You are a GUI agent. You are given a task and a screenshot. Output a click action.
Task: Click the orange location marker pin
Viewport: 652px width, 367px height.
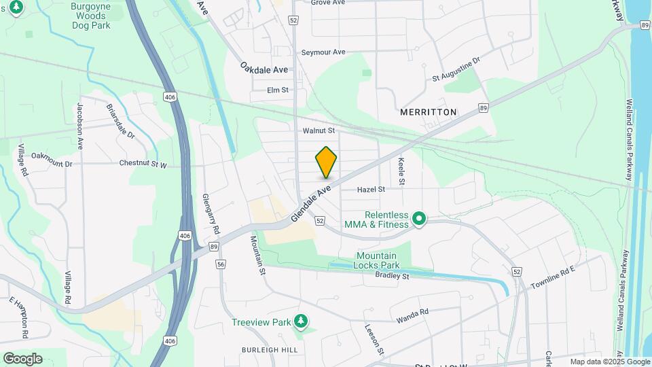(x=326, y=162)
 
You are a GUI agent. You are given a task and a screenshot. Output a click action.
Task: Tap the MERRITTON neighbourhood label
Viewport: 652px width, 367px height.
(x=429, y=111)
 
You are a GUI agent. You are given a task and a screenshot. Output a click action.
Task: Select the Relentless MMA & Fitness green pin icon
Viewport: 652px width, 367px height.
(x=419, y=218)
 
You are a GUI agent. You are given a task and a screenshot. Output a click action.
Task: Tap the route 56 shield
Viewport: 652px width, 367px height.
(x=220, y=264)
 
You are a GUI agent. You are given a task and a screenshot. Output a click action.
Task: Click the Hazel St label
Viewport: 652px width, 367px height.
(x=372, y=190)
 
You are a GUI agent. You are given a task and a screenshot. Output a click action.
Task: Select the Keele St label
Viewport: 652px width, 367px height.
(x=401, y=172)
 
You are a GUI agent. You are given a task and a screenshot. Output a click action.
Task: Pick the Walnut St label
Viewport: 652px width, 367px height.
(x=319, y=130)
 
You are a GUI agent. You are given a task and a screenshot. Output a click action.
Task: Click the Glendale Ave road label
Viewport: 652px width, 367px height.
(x=310, y=201)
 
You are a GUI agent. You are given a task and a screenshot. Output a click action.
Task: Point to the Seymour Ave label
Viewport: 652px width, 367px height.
(x=323, y=52)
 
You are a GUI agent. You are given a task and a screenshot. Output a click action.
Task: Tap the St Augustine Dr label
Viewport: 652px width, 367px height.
(x=456, y=69)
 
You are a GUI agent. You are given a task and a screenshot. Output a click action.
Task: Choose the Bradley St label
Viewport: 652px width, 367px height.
(x=392, y=276)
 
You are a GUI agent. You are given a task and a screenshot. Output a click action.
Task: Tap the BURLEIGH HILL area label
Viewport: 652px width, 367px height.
(x=270, y=349)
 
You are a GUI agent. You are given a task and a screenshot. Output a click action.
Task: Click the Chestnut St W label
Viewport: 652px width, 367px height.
(x=143, y=164)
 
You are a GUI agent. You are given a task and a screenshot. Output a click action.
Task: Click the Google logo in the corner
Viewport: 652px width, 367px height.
(x=22, y=358)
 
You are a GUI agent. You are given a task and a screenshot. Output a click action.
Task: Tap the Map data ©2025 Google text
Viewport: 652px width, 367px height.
(x=610, y=362)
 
